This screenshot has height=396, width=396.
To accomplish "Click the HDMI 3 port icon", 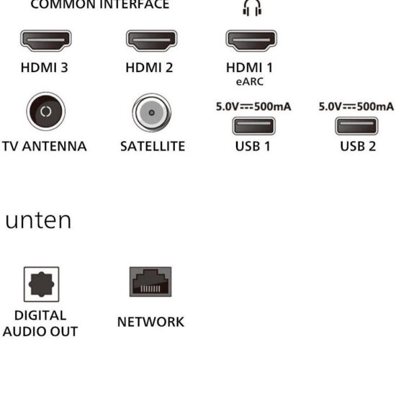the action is coord(46,40).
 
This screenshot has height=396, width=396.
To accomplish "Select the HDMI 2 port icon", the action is coord(152,40).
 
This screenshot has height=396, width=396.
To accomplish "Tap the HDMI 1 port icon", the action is coord(251,40).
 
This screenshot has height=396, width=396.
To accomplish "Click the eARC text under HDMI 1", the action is coord(250,81).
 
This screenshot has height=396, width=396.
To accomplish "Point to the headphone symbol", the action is coord(252,8).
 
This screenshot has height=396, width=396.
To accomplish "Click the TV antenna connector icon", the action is coord(46,111).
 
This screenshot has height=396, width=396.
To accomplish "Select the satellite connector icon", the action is coord(152,112).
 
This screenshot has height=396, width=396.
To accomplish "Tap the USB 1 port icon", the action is coord(254,126).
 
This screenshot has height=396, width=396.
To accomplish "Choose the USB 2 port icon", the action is coord(356,126).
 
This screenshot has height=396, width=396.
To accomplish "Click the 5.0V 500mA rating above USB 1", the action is coord(253,107).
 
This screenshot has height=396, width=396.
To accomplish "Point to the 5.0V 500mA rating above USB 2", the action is coord(356,107).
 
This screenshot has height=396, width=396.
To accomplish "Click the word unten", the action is coord(38,220).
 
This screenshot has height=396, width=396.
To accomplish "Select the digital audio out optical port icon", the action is coord(42,284).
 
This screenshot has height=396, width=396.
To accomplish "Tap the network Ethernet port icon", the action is coord(150,282).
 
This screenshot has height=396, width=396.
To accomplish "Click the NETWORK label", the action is coord(150,322).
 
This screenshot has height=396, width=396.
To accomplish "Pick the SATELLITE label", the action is coord(153,146).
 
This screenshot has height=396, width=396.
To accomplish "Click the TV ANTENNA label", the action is coord(45,146).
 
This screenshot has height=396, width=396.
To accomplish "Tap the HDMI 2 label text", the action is coord(149,68).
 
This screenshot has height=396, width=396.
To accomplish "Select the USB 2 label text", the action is coord(358,146).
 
